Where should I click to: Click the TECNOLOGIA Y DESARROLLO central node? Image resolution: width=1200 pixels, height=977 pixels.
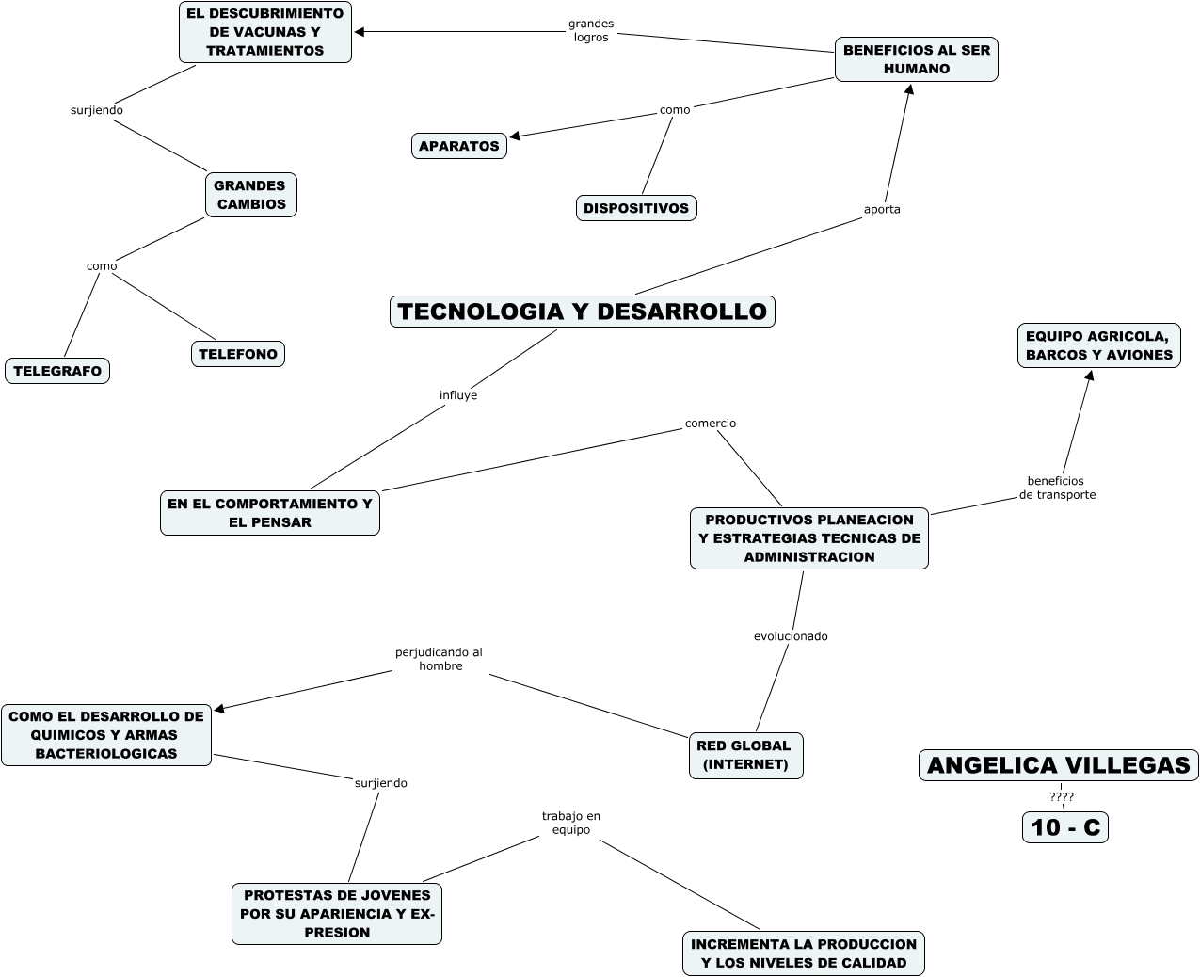click(582, 312)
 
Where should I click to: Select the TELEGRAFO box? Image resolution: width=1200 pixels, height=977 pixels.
click(57, 371)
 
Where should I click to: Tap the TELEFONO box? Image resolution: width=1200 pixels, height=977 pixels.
click(238, 354)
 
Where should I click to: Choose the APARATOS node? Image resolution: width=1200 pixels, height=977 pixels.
click(459, 146)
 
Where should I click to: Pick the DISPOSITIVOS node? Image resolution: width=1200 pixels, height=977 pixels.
click(636, 208)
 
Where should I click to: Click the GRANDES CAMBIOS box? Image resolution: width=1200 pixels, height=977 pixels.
click(250, 195)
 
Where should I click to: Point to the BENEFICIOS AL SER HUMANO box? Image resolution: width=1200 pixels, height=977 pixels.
click(917, 59)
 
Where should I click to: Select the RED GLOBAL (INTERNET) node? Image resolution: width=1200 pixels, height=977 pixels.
click(745, 755)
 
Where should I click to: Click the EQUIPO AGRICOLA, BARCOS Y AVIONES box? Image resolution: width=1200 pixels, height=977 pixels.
click(1099, 345)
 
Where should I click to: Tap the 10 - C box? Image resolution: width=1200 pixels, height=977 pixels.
click(1065, 827)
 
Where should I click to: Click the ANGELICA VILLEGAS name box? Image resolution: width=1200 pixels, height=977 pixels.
click(1059, 765)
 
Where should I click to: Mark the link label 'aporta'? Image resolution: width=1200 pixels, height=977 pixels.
click(882, 209)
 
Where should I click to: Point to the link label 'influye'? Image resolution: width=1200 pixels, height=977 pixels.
click(458, 395)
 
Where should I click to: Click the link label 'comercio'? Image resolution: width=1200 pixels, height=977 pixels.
click(711, 423)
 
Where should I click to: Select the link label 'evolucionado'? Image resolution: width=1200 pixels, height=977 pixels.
click(791, 636)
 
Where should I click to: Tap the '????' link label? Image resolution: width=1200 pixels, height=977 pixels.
click(1062, 796)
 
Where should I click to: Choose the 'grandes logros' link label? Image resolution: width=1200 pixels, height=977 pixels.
click(591, 30)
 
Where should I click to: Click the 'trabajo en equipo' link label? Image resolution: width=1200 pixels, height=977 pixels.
click(571, 823)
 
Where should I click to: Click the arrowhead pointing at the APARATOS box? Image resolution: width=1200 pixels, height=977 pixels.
click(514, 136)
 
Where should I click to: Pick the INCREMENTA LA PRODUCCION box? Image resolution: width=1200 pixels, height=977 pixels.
click(804, 953)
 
